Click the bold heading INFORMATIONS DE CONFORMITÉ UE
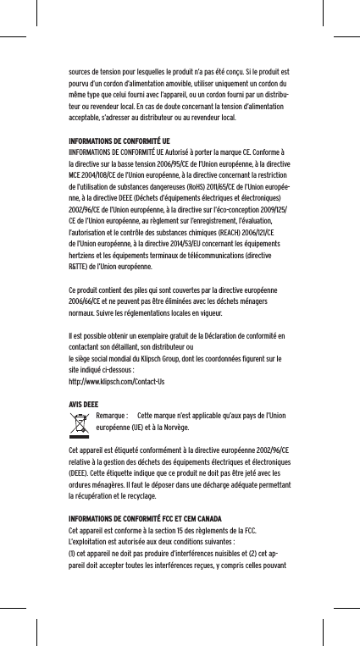(118, 140)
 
